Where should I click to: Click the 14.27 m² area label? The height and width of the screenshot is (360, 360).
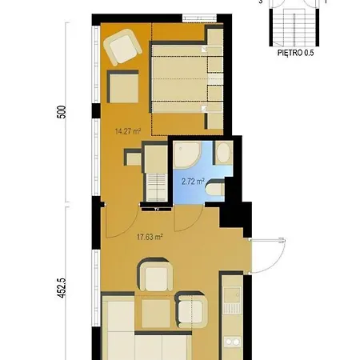tap(128, 131)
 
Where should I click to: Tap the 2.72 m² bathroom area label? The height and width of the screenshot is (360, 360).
tap(193, 182)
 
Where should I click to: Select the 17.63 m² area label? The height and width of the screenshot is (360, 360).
tap(150, 237)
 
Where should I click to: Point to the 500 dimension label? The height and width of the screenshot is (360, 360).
tap(62, 112)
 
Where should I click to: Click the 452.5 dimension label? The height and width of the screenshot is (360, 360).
tap(62, 288)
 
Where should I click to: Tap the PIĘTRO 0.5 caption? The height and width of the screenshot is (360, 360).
tap(295, 53)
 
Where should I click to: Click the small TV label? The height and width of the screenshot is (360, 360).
tap(157, 210)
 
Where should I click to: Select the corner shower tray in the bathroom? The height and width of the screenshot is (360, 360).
tap(186, 155)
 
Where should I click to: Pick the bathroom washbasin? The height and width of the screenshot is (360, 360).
tap(223, 153)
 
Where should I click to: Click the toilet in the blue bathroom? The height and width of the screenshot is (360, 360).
tap(215, 189)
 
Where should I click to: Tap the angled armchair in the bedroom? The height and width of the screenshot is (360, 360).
tap(122, 47)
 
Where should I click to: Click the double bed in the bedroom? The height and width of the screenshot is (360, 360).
tap(179, 79)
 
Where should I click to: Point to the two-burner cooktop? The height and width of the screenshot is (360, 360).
tap(232, 342)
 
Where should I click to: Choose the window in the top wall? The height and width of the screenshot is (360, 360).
tap(199, 18)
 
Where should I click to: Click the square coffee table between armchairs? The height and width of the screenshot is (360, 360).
tap(156, 314)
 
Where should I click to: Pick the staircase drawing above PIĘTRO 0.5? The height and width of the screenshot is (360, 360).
tap(294, 26)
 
